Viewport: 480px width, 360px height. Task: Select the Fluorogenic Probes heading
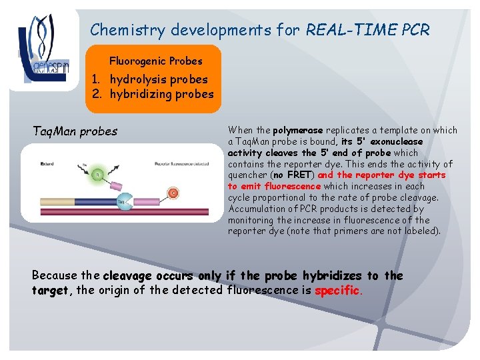(155, 61)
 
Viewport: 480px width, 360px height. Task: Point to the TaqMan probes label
(75, 131)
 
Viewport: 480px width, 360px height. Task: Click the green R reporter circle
(97, 174)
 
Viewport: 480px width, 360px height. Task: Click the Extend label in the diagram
(47, 163)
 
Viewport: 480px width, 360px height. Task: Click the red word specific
(337, 290)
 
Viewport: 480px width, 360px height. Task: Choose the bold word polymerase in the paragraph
(296, 131)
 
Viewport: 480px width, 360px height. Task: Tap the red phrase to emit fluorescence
(274, 187)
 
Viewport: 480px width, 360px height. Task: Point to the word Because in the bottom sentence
(55, 275)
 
